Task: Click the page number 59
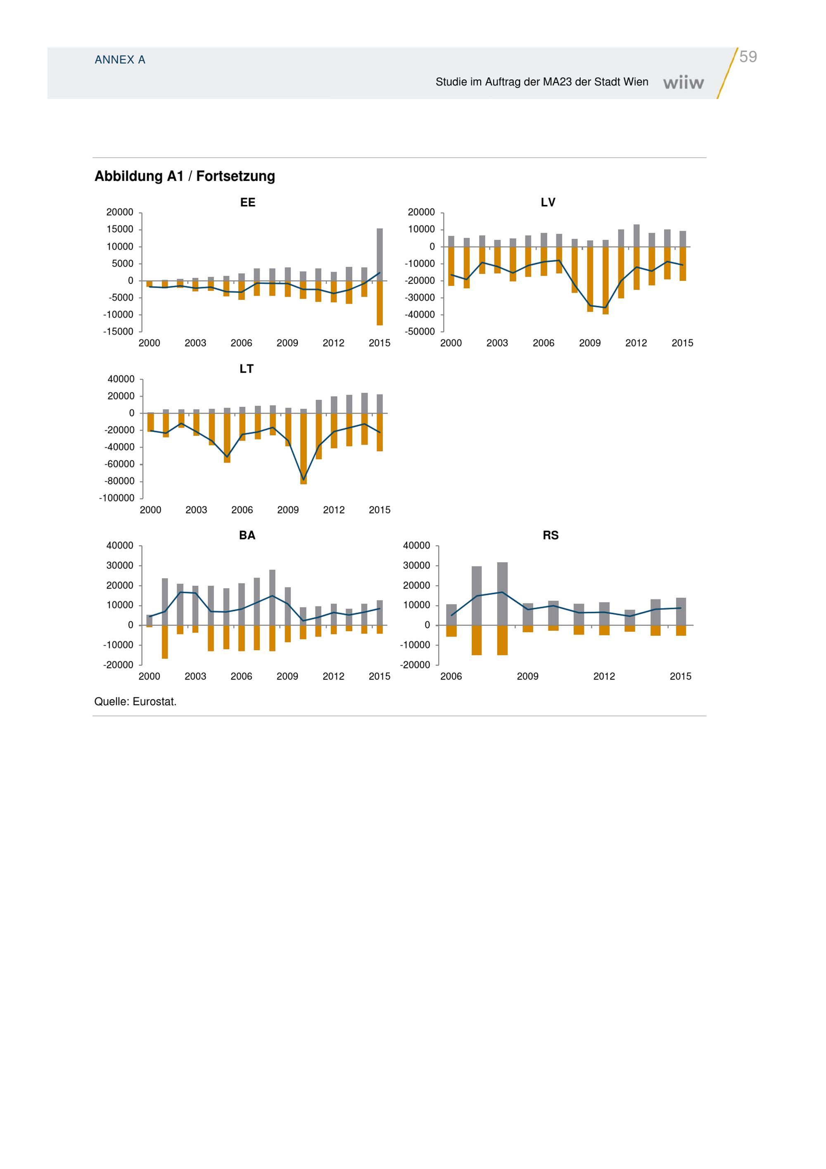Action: tap(748, 57)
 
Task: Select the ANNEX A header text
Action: tap(120, 60)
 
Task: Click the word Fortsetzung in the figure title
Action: tap(236, 176)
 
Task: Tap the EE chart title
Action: tap(248, 203)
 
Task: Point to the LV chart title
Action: tap(548, 203)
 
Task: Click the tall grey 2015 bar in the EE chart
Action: tap(380, 254)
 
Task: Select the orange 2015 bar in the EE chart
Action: tap(380, 303)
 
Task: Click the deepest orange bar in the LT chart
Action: tap(303, 449)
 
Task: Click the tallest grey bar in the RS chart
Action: tap(502, 594)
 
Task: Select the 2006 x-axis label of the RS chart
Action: tap(451, 677)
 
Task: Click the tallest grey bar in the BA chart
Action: tap(272, 597)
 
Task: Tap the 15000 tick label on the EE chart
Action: tap(120, 230)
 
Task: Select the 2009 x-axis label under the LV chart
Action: tap(590, 343)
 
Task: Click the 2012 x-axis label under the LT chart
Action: tap(334, 510)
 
